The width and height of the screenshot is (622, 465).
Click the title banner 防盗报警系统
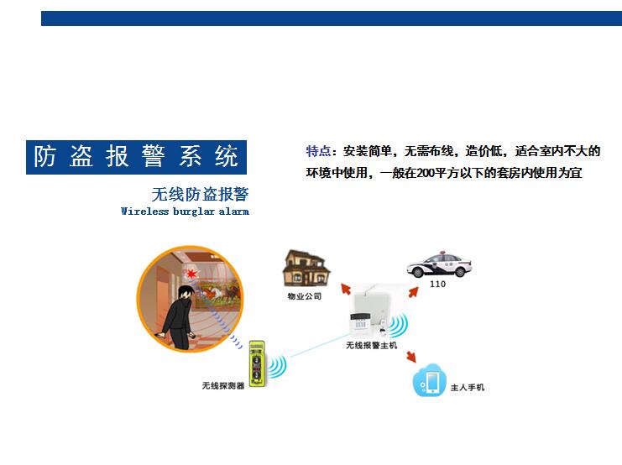click(136, 157)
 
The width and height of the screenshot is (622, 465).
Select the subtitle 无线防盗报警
click(200, 195)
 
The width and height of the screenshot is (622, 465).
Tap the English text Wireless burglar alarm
click(185, 211)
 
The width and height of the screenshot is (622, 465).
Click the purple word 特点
click(318, 151)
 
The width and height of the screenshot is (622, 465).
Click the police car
click(439, 264)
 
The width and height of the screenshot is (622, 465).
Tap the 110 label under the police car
click(437, 284)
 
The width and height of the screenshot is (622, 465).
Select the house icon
click(306, 269)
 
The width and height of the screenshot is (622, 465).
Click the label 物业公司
click(304, 296)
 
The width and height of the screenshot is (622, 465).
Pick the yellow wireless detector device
click(257, 363)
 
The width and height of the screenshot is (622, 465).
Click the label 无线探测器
click(223, 385)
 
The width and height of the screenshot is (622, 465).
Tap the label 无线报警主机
click(371, 346)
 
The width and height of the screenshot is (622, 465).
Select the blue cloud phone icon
click(430, 380)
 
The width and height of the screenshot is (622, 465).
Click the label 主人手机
click(468, 387)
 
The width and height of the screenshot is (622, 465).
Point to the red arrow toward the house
click(346, 289)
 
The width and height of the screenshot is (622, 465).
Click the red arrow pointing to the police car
click(413, 292)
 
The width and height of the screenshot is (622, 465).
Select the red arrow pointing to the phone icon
click(411, 356)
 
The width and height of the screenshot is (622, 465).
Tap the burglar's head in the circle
click(186, 293)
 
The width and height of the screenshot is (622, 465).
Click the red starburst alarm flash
click(191, 274)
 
